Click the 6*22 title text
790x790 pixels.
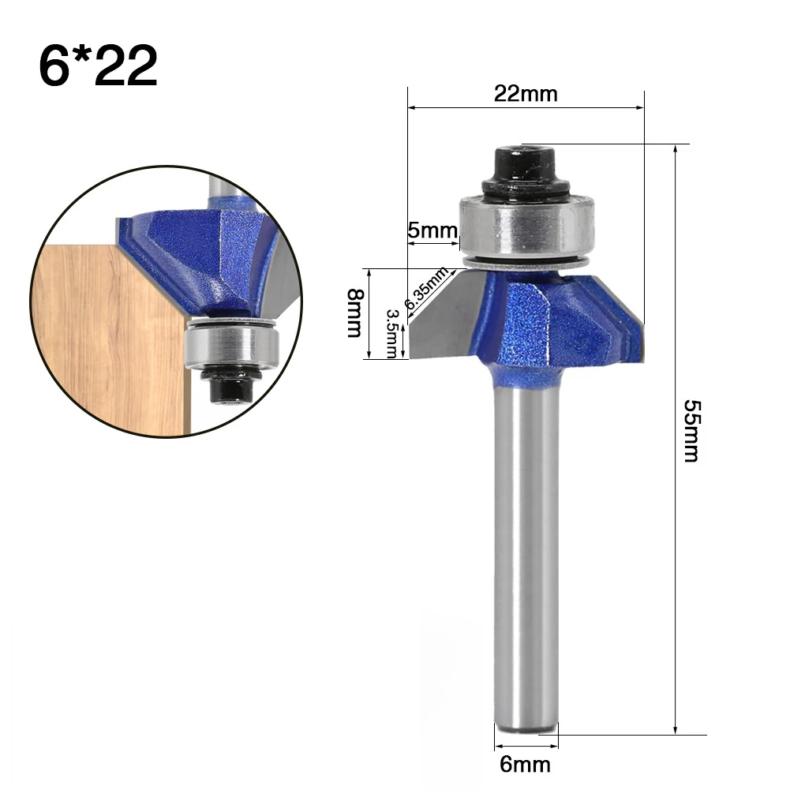click(98, 66)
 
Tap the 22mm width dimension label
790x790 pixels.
click(526, 94)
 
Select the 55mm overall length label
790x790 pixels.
click(691, 431)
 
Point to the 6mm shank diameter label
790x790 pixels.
click(525, 765)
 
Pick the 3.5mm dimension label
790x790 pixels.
click(392, 333)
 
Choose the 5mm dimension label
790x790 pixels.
click(432, 230)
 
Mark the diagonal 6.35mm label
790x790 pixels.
click(426, 288)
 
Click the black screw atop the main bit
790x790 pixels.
click(526, 171)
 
